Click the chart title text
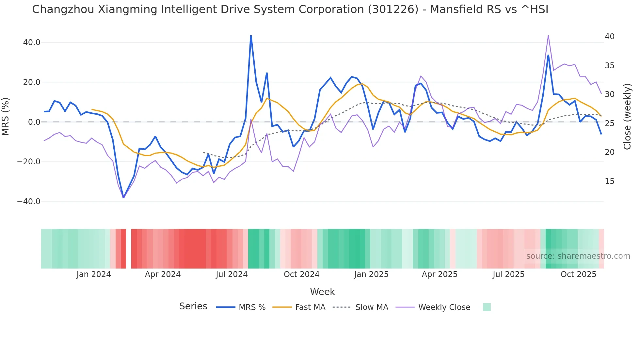[x=290, y=9]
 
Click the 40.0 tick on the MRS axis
[x=32, y=42]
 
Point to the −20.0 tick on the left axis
[x=29, y=162]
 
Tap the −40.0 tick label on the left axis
[x=29, y=202]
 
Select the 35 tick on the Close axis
[x=609, y=66]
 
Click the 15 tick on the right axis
[x=609, y=181]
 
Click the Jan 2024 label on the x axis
[x=94, y=274]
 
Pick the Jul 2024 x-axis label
[x=232, y=274]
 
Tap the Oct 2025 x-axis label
[x=578, y=274]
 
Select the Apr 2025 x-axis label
[x=440, y=274]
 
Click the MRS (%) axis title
[x=6, y=116]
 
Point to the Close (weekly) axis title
[x=627, y=117]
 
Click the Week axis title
[x=322, y=292]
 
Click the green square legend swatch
[x=487, y=307]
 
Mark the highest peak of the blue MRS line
[x=251, y=35]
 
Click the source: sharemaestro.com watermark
[x=578, y=256]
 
